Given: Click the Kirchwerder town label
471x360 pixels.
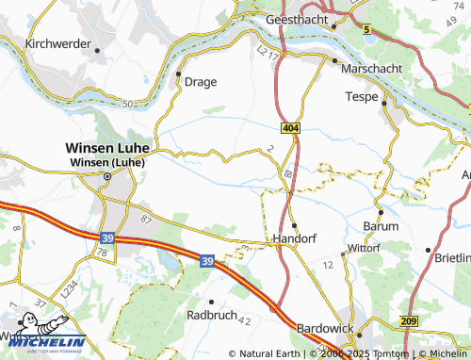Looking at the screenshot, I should click(58, 43).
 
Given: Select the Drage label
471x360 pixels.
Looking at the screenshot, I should click(201, 81).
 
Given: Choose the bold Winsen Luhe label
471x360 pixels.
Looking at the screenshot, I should click(106, 148).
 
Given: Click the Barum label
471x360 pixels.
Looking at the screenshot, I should click(381, 227).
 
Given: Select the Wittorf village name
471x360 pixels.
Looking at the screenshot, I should click(363, 248).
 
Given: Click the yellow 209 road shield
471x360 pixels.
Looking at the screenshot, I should click(407, 322).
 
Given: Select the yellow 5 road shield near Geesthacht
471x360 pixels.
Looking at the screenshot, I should click(367, 30).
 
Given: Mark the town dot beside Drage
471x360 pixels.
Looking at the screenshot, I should click(178, 73).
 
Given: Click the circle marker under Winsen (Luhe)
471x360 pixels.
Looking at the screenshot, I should click(106, 175).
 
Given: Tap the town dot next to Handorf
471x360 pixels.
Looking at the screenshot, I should click(294, 225).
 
